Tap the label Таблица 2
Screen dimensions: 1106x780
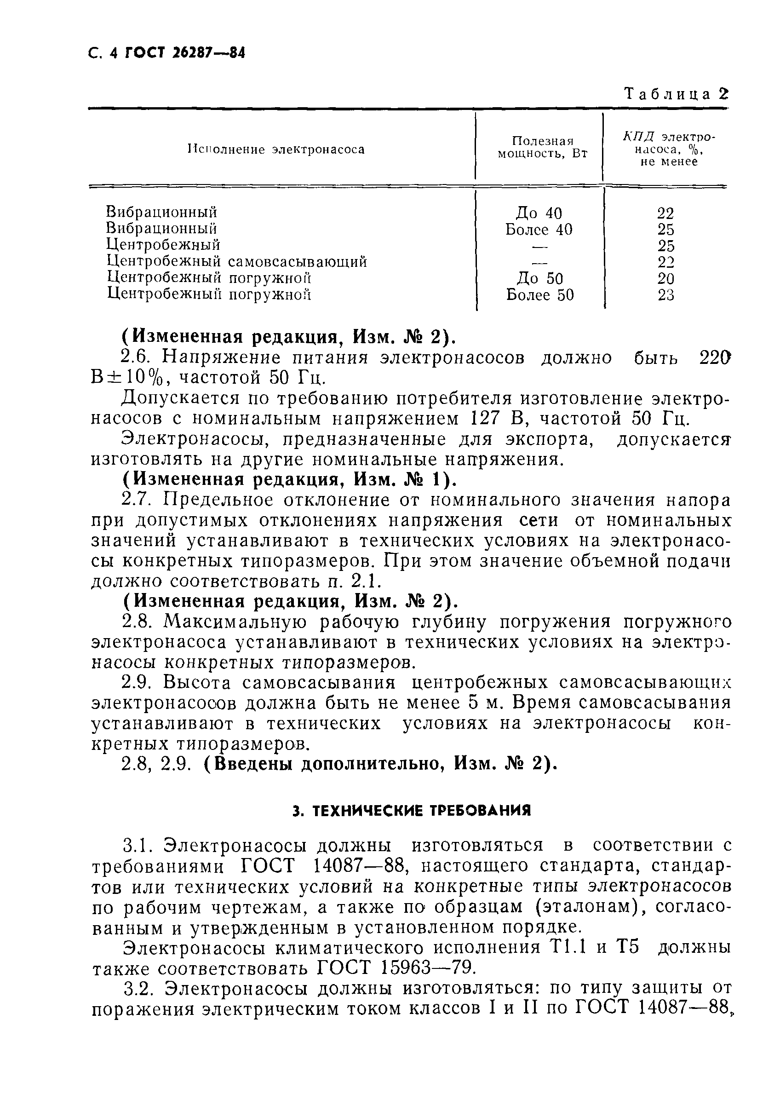coord(676,94)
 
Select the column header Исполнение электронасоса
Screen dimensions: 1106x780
coord(276,150)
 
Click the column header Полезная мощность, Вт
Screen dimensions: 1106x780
coord(543,147)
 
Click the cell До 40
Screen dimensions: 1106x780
coord(539,213)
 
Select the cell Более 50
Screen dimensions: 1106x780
coord(540,295)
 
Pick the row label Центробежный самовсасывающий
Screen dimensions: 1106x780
coord(236,262)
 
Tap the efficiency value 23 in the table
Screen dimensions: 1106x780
coord(666,295)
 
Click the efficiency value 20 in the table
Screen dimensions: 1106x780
coord(666,278)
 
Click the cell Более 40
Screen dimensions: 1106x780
coord(539,229)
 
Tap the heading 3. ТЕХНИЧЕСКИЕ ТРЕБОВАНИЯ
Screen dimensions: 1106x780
coord(412,811)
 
